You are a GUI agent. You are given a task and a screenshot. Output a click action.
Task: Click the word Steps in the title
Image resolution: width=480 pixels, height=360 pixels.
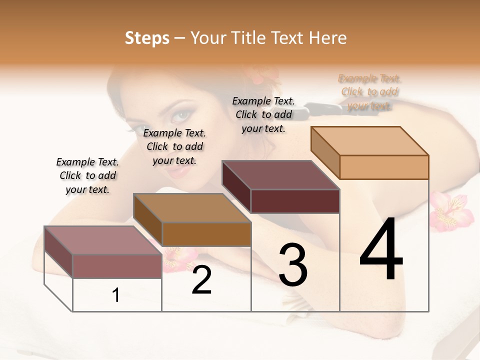(147, 38)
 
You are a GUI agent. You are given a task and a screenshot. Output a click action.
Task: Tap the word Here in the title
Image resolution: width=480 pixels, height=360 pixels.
(328, 38)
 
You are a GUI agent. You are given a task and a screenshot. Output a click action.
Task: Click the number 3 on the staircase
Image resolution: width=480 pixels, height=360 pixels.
(292, 265)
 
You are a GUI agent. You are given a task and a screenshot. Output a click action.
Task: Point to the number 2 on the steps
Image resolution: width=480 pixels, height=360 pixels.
(201, 280)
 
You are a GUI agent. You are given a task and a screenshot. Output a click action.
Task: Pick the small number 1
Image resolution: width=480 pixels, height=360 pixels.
(116, 295)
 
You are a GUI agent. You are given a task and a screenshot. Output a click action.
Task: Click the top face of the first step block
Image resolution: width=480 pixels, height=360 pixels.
(102, 240)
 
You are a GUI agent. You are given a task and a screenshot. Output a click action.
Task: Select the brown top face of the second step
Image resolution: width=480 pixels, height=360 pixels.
(192, 207)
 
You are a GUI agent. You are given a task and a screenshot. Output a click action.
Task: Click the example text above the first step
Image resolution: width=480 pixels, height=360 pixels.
(87, 175)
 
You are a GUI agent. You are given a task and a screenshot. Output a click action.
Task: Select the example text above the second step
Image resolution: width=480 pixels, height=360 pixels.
(174, 146)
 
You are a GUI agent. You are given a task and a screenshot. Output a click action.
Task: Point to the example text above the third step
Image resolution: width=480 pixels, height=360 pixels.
(263, 114)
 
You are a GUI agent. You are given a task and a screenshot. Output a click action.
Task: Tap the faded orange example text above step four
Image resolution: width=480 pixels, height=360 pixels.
(369, 92)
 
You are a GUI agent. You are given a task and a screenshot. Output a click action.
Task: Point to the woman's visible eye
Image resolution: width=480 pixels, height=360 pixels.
(182, 115)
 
